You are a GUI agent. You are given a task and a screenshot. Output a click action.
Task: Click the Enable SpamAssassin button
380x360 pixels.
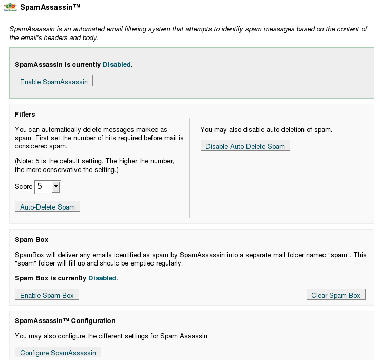[54, 82]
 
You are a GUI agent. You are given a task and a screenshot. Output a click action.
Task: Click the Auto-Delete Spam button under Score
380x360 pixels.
[47, 207]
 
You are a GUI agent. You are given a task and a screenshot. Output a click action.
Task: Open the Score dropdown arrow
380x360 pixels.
[56, 186]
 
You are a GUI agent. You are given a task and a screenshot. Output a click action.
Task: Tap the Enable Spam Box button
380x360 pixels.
[47, 295]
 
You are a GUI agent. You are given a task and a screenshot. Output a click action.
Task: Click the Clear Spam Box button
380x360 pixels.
[336, 295]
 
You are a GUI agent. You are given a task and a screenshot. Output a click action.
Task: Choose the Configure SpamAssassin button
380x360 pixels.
[58, 353]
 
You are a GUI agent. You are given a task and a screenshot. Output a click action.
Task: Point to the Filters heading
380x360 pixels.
[25, 114]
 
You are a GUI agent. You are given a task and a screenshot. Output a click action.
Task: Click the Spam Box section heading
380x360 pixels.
[31, 239]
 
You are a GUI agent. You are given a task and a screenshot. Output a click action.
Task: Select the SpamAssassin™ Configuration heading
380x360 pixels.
[65, 320]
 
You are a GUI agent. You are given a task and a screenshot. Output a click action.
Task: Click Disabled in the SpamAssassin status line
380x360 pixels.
[117, 65]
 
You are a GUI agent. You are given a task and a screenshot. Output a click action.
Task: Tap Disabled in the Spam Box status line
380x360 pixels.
[103, 278]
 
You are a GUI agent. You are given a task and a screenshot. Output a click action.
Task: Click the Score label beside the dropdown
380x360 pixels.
[24, 186]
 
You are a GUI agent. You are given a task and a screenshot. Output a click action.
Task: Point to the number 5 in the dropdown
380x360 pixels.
[40, 186]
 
